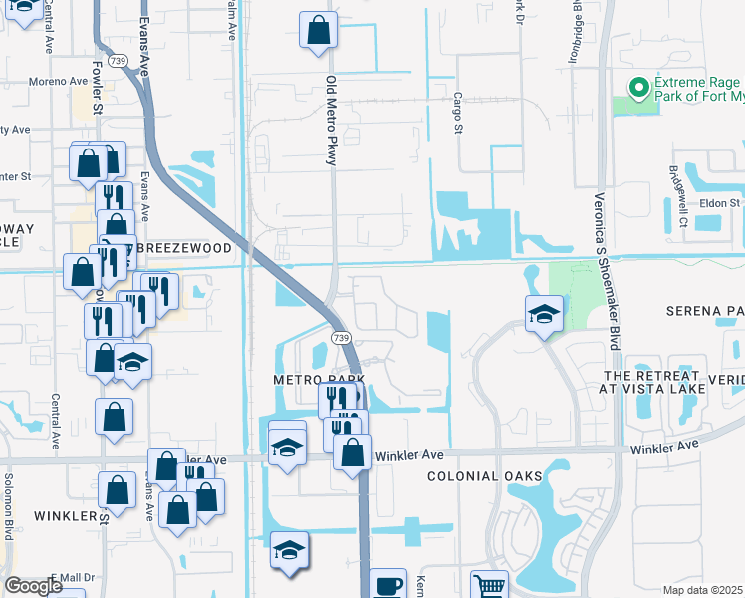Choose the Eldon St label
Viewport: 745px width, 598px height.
click(720, 203)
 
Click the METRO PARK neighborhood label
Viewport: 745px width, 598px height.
click(317, 381)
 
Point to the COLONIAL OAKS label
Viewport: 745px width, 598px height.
click(476, 477)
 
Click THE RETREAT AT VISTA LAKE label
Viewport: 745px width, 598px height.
click(652, 383)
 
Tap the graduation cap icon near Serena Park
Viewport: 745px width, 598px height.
click(544, 316)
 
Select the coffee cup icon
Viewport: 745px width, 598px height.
click(388, 585)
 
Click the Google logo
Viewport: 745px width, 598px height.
click(34, 586)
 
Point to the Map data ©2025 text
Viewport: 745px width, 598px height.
click(703, 590)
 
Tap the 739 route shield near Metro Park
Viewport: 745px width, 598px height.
click(341, 339)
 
